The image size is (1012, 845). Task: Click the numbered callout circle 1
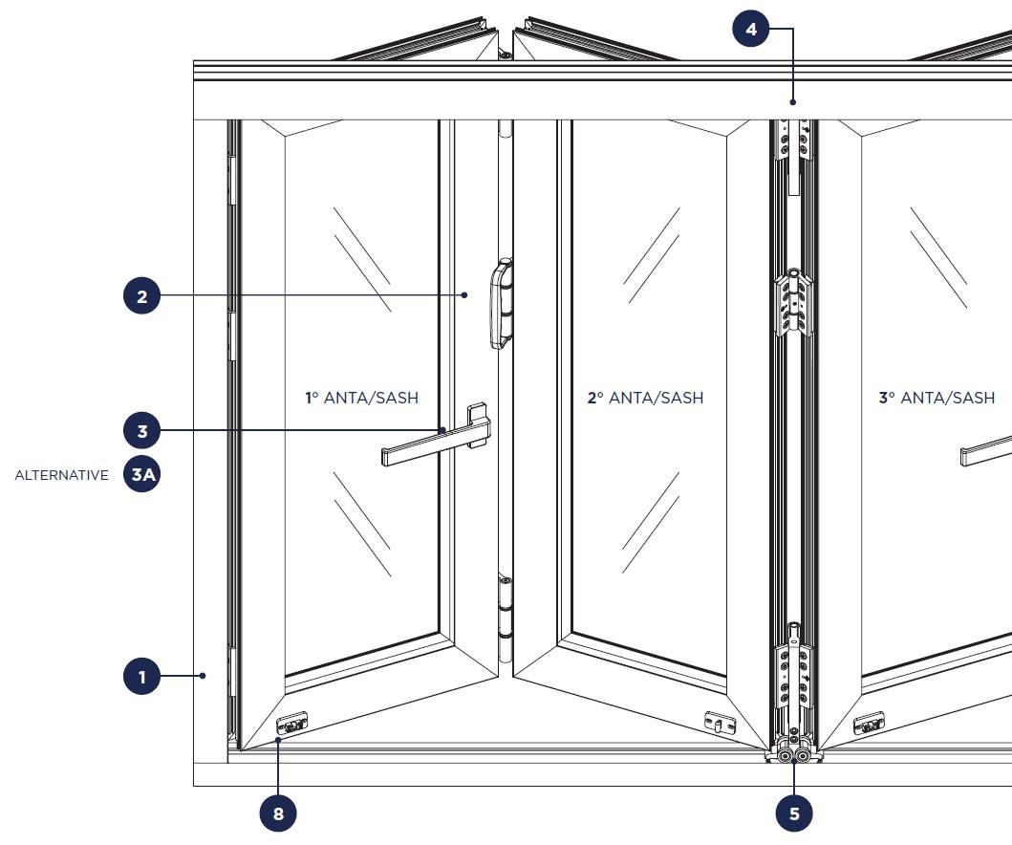point(142,676)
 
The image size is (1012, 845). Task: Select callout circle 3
point(142,430)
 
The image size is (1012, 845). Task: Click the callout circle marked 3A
point(142,474)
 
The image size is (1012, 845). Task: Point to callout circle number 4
point(751,29)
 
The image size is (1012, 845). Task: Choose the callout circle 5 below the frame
point(794,813)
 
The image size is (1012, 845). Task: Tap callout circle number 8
point(278,813)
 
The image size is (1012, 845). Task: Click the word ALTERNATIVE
point(62,475)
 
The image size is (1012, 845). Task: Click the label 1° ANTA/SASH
point(362,398)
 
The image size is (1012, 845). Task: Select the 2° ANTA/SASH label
point(645,398)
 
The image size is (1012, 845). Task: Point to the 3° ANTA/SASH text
point(937,398)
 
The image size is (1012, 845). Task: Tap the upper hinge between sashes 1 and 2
point(502,303)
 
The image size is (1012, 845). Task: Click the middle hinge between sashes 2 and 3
point(794,303)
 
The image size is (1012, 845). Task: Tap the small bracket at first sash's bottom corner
point(291,723)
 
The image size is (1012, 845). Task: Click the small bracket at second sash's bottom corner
point(720,723)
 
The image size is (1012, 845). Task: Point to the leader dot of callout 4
point(793,102)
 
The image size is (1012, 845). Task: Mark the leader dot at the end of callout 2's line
point(464,295)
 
